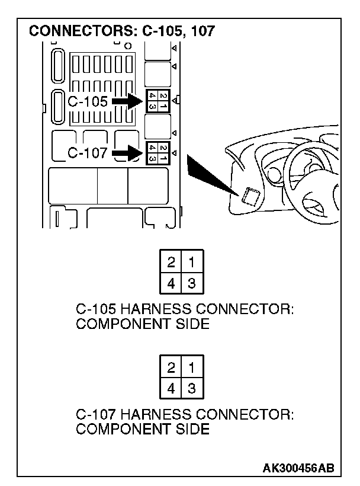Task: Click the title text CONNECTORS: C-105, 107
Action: tap(122, 31)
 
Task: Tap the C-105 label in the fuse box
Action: tap(88, 101)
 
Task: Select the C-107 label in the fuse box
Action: tap(88, 154)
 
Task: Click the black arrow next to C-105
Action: tap(127, 102)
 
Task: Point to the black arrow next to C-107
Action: tap(127, 154)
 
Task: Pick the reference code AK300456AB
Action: tap(298, 468)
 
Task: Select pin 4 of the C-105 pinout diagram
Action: tap(171, 283)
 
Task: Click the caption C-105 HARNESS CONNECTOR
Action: tap(185, 310)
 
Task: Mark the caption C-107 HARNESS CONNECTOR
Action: tap(185, 415)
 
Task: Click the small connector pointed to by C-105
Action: tap(157, 101)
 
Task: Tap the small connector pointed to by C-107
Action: tap(157, 152)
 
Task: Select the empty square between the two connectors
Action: tap(157, 126)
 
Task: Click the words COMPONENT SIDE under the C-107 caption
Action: tap(143, 429)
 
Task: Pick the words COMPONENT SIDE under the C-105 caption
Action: tap(143, 324)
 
